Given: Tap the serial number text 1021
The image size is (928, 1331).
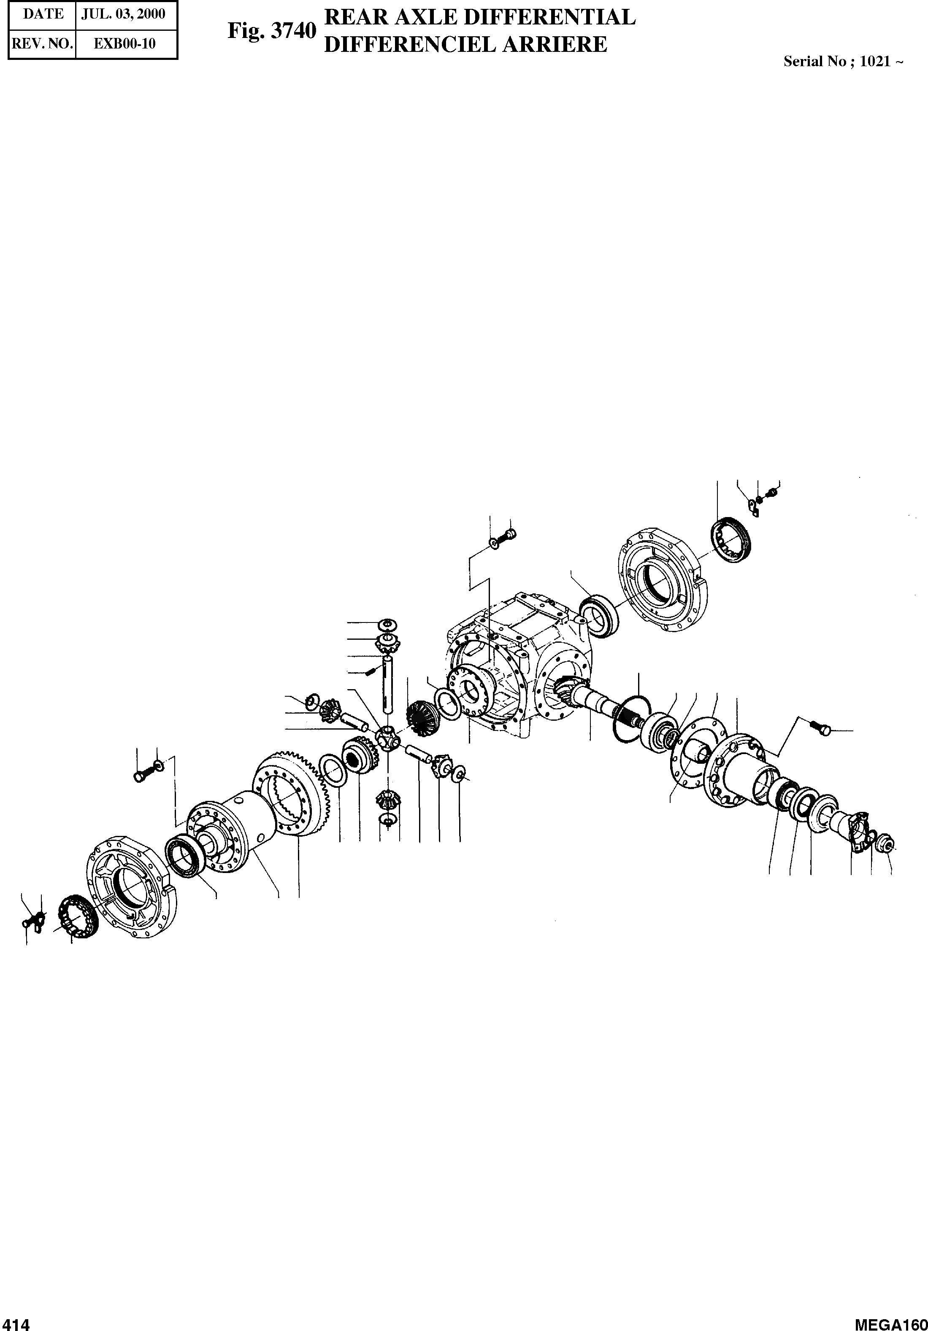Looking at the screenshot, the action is coord(875,62).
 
